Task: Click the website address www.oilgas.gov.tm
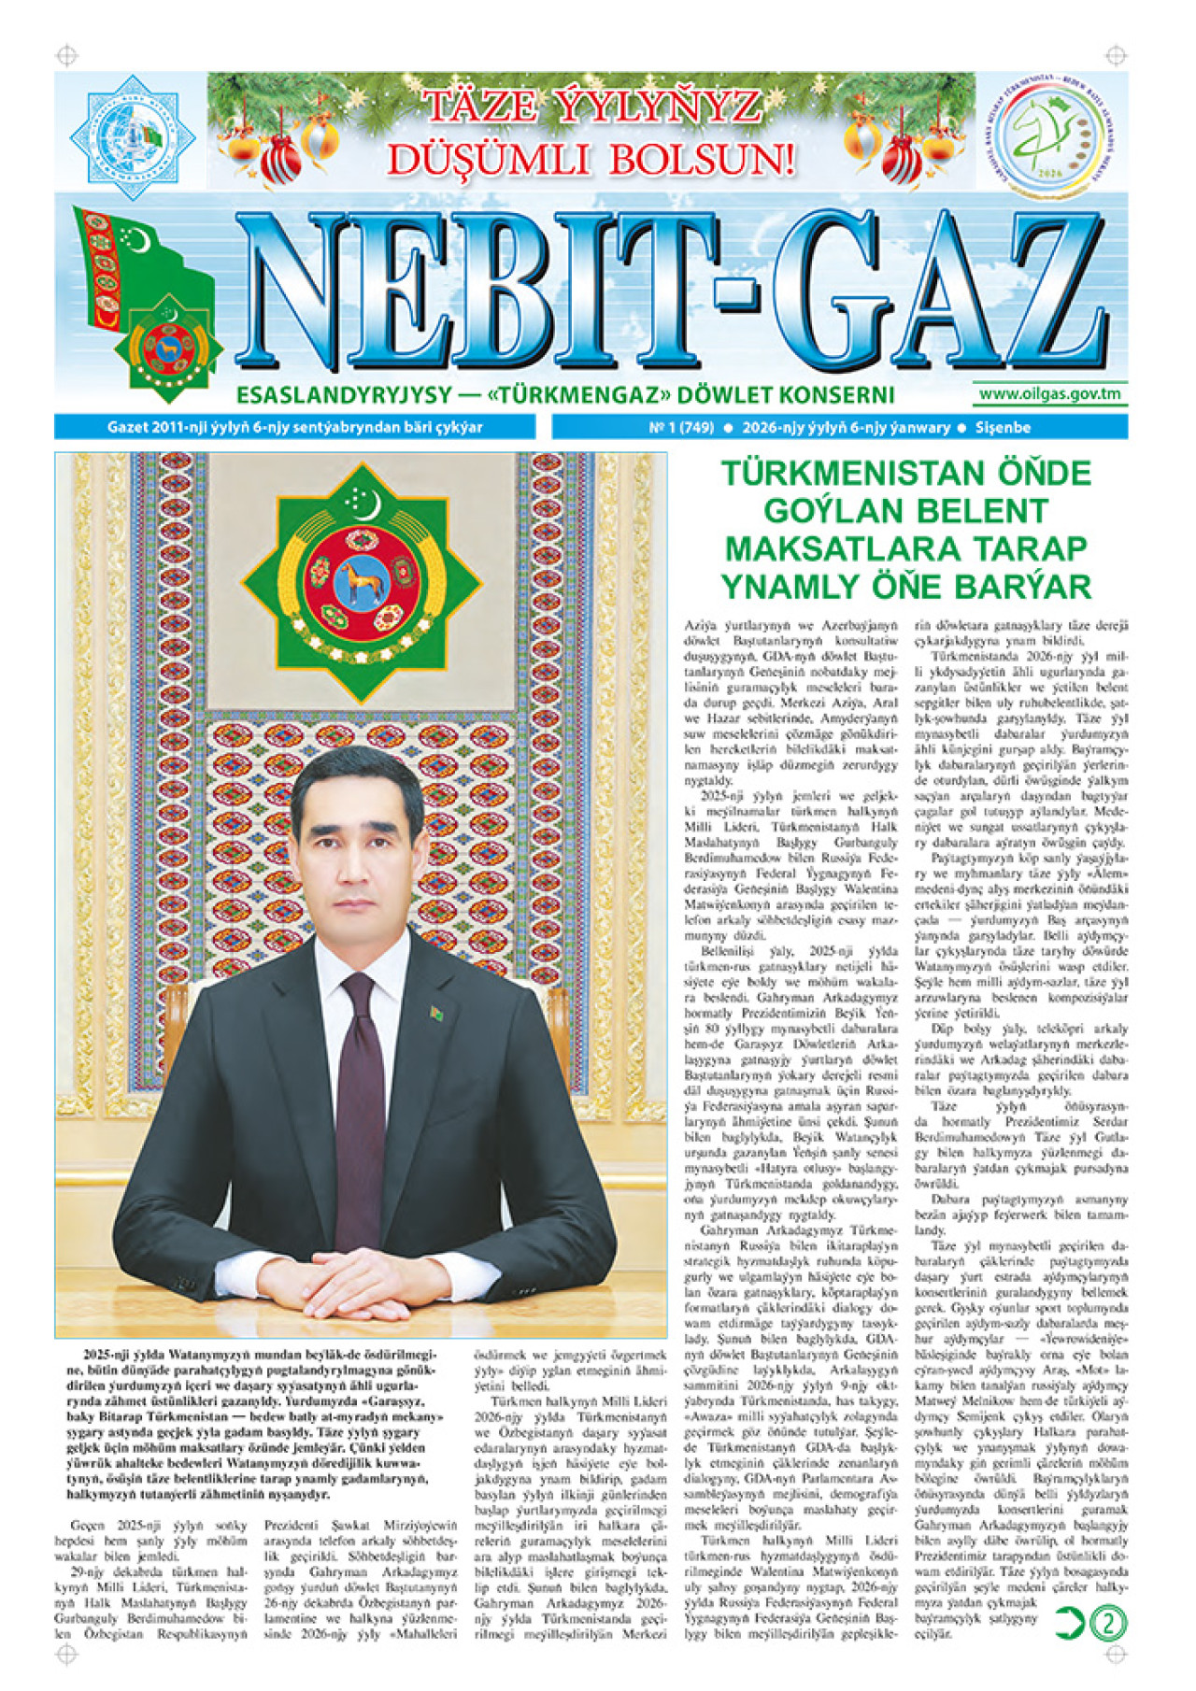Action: [1049, 393]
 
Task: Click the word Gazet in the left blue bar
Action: [127, 428]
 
